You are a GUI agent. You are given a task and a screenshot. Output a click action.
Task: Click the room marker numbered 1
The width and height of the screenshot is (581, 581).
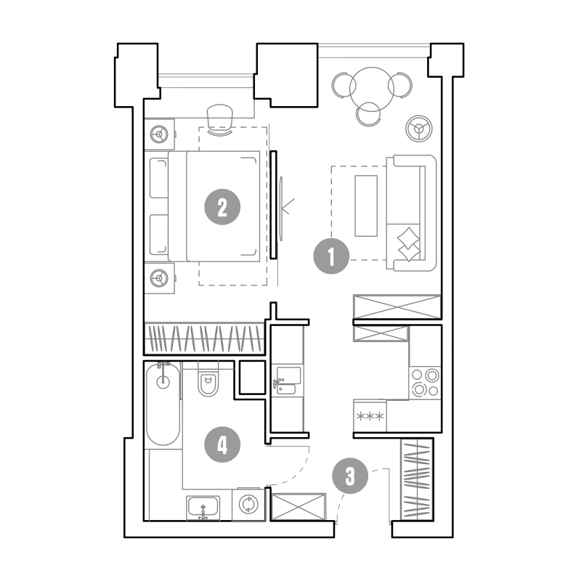coord(331,256)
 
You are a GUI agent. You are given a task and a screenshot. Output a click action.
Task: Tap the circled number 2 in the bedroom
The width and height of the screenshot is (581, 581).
coord(222,207)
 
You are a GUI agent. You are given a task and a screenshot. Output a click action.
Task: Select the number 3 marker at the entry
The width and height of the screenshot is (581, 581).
coord(350,476)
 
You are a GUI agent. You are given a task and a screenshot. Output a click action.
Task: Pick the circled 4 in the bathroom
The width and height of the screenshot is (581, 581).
coord(222,444)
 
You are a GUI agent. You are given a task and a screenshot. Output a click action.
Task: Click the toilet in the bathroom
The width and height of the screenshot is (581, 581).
coord(208,379)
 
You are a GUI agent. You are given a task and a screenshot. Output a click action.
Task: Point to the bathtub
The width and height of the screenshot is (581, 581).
coord(163,405)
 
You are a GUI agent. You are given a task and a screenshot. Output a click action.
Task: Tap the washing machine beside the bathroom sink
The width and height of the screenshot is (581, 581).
coord(248,504)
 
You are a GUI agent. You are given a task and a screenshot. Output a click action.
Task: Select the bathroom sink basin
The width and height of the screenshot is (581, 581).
coord(203,508)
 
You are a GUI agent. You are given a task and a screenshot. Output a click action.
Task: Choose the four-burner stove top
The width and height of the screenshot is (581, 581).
coord(425,383)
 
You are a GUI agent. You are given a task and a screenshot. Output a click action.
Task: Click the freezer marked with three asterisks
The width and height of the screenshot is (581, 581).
coord(370,416)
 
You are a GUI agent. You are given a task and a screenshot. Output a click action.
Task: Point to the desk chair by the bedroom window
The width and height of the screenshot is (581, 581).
coord(220,119)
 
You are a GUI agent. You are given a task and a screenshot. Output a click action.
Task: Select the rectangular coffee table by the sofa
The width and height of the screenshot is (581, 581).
coord(366,206)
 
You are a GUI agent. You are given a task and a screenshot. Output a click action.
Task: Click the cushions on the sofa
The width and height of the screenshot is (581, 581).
coord(409,245)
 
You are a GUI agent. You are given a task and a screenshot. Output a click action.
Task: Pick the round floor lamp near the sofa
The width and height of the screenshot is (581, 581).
coord(419,129)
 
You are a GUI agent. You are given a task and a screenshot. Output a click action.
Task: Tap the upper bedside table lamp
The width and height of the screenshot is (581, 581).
coord(159,134)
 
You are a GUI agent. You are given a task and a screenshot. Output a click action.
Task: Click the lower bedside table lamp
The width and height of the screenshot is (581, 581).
coord(159,278)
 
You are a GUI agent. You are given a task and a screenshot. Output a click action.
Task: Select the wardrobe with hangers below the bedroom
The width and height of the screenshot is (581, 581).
coord(204,338)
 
